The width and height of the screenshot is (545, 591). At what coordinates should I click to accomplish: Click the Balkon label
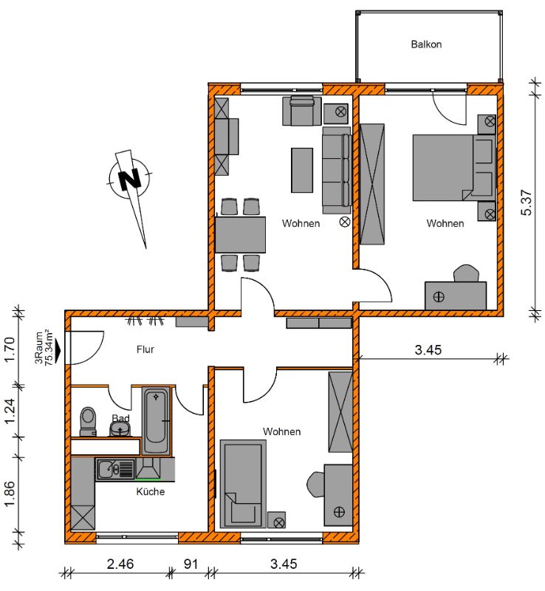pos(426,44)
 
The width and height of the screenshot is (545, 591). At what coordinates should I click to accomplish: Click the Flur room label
pos(145,349)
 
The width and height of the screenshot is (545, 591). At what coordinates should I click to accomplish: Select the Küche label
pos(151,491)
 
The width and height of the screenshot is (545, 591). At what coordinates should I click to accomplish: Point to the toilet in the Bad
pos(88,421)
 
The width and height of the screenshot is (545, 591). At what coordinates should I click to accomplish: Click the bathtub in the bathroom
pos(155,420)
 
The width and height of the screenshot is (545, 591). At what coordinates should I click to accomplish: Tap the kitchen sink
pos(115,469)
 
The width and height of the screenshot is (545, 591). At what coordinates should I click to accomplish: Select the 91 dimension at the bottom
pos(191,564)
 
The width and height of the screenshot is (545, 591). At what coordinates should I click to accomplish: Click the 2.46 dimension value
pos(120,564)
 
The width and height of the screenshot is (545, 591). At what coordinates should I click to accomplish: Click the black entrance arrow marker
pos(58,350)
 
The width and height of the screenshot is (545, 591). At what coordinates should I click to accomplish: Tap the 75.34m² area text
pos(49,347)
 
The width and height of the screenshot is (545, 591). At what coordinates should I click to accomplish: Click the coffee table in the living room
pos(302,170)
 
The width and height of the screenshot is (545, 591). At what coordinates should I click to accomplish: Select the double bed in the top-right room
pos(453,168)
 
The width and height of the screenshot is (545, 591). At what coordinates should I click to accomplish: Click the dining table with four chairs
pos(240,234)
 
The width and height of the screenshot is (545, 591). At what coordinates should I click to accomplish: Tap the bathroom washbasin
pos(120,428)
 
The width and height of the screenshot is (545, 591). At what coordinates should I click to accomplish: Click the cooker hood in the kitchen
pos(148,468)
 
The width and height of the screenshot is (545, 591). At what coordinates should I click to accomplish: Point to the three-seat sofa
pos(337,171)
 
